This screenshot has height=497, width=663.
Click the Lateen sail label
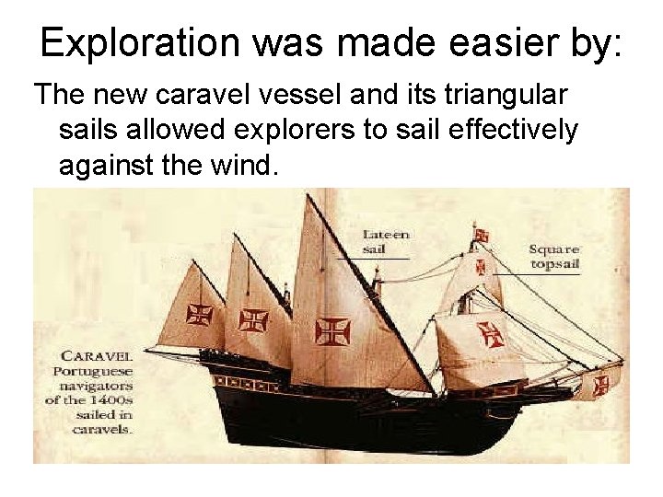pyautogui.click(x=386, y=240)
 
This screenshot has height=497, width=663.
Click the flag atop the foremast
pyautogui.click(x=481, y=234)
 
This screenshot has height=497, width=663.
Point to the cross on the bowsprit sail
pyautogui.click(x=602, y=384)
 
